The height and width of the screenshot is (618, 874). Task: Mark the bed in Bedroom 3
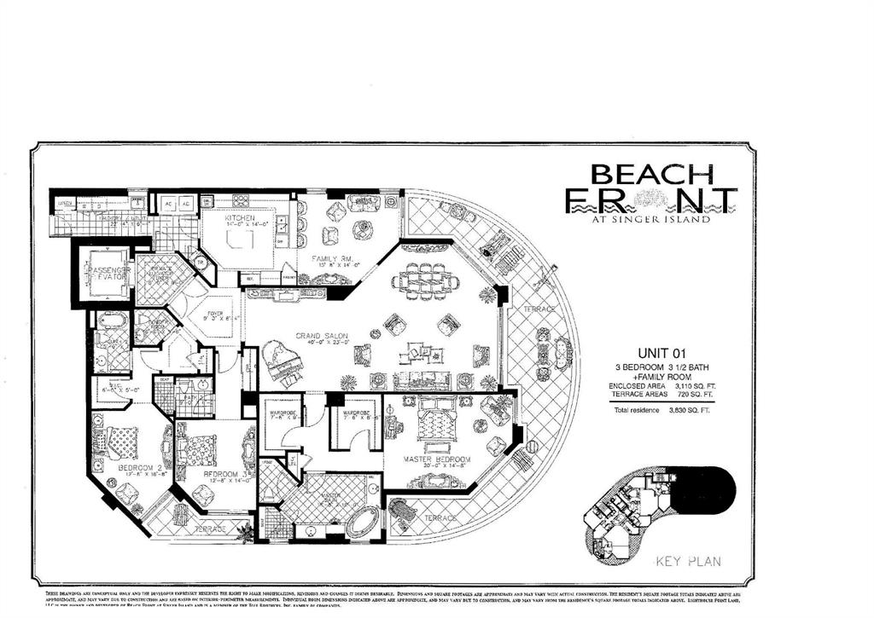202,448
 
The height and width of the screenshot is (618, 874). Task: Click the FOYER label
213,314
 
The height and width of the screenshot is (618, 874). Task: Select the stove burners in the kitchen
241,202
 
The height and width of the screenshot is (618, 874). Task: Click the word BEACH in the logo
652,175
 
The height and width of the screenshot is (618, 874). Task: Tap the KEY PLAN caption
688,561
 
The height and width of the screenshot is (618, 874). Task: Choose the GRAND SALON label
320,336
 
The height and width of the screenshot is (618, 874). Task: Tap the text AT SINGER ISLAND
651,219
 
